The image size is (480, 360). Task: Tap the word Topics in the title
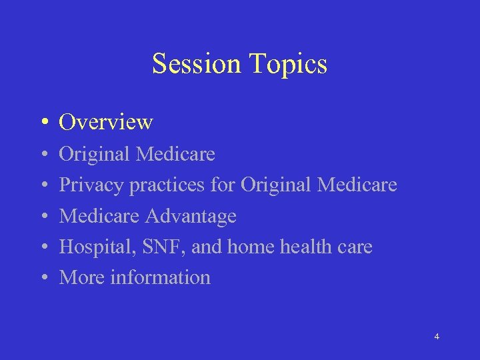(x=288, y=64)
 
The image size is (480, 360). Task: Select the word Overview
(x=106, y=123)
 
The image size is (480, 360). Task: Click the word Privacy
(x=91, y=185)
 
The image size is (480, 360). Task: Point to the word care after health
(x=356, y=247)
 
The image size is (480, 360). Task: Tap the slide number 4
(x=437, y=337)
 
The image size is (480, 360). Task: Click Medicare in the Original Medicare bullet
(x=175, y=155)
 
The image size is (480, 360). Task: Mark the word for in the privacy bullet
(x=223, y=185)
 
